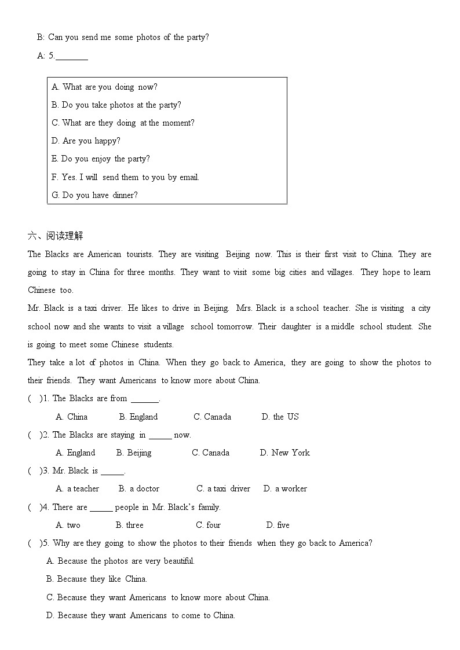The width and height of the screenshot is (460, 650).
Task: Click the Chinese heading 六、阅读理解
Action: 56,236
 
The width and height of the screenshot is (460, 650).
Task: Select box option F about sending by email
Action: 125,177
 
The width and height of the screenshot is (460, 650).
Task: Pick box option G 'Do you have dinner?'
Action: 94,195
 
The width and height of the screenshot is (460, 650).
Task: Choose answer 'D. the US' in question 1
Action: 280,417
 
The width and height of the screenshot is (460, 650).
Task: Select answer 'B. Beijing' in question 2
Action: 134,453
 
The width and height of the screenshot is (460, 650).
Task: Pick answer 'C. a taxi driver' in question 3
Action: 223,489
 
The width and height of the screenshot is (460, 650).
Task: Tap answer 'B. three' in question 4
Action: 129,525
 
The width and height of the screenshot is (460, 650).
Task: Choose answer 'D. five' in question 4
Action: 278,525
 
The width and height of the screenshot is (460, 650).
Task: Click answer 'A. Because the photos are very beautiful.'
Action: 121,561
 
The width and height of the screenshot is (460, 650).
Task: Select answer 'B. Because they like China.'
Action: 97,579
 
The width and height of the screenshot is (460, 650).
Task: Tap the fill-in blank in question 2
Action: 160,435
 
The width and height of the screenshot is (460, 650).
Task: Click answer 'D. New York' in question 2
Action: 284,453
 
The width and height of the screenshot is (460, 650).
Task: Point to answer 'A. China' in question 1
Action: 71,417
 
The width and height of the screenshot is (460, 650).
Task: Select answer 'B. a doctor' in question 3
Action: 139,489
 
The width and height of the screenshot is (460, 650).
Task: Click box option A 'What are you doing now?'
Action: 104,87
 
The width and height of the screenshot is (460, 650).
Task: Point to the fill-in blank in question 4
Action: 101,508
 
